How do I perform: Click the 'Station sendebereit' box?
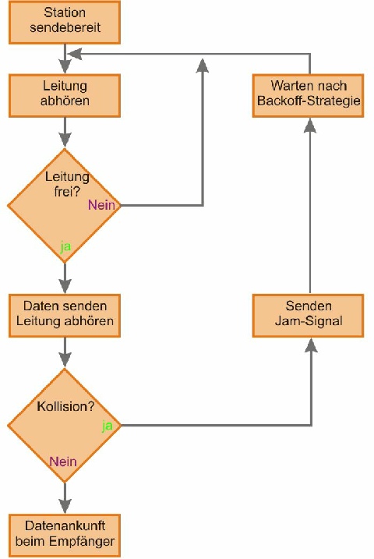pyautogui.click(x=65, y=23)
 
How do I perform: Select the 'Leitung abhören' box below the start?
pyautogui.click(x=65, y=96)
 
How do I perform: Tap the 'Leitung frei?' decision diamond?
pyautogui.click(x=65, y=206)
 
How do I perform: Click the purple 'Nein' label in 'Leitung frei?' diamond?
pyautogui.click(x=101, y=205)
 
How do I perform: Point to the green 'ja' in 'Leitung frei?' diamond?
pyautogui.click(x=65, y=246)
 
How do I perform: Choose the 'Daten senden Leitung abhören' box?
pyautogui.click(x=65, y=316)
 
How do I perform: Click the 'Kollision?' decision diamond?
pyautogui.click(x=65, y=426)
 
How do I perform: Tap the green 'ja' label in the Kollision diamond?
pyautogui.click(x=108, y=426)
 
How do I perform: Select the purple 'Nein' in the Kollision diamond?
pyautogui.click(x=63, y=462)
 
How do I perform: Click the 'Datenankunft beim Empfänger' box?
pyautogui.click(x=65, y=536)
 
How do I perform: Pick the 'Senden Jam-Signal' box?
pyautogui.click(x=308, y=316)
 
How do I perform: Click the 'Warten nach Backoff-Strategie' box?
pyautogui.click(x=308, y=96)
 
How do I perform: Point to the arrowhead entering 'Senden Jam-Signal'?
pyautogui.click(x=312, y=345)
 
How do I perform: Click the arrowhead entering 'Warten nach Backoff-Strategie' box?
pyautogui.click(x=310, y=126)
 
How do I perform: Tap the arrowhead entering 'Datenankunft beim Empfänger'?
pyautogui.click(x=65, y=506)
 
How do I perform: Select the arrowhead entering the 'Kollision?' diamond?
pyautogui.click(x=65, y=360)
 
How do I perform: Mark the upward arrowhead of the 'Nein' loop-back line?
pyautogui.click(x=203, y=66)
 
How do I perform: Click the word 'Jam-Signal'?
pyautogui.click(x=309, y=321)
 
